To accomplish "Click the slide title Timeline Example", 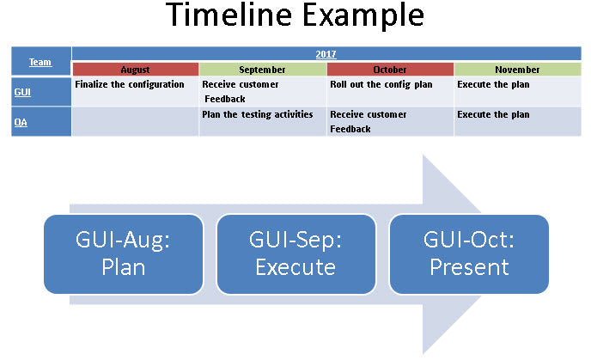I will pos(295,16).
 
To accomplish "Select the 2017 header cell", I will pos(326,54).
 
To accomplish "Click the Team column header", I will pos(40,62).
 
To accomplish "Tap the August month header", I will pos(135,70).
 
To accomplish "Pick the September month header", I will pos(262,70).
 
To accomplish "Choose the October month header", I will pos(390,70).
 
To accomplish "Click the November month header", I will pos(517,70).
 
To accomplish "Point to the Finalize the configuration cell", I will pos(135,91).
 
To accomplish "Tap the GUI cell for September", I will pos(262,91).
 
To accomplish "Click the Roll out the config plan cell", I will pos(390,91).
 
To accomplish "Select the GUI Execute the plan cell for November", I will pos(517,91).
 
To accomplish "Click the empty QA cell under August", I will pos(135,121).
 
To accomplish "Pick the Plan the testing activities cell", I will pos(262,121).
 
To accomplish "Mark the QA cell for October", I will pos(390,121).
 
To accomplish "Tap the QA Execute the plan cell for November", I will pos(517,121).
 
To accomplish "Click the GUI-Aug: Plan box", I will pos(123,254).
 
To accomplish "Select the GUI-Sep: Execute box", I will pos(295,254).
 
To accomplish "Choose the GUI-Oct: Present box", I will pos(469,254).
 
